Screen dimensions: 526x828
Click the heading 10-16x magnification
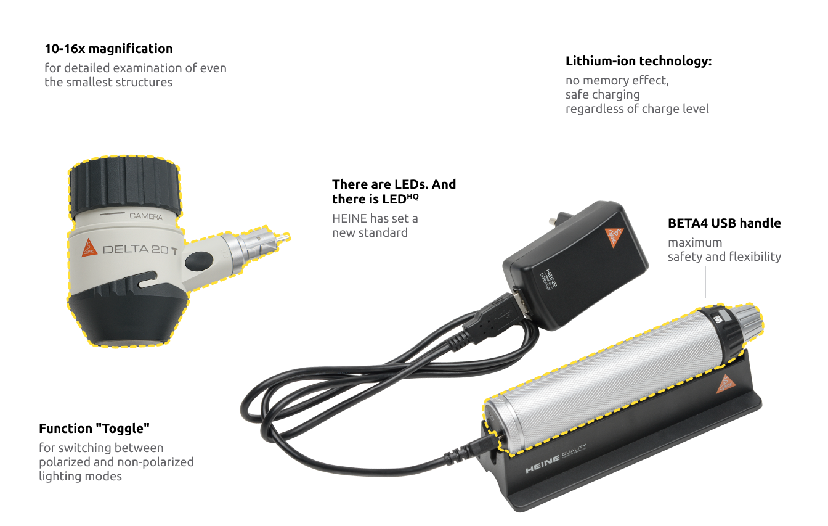[x=108, y=49]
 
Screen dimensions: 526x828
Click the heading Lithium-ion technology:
[x=638, y=62]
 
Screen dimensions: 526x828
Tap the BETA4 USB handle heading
[x=724, y=223]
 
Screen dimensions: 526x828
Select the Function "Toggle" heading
[x=94, y=429]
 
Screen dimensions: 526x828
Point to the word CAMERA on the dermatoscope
[x=146, y=216]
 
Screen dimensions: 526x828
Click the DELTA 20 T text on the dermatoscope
[x=140, y=250]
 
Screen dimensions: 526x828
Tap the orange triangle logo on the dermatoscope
[x=89, y=248]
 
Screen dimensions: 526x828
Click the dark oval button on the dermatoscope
[x=196, y=261]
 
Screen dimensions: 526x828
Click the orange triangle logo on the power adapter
[x=614, y=236]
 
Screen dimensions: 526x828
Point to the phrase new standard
[x=370, y=233]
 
